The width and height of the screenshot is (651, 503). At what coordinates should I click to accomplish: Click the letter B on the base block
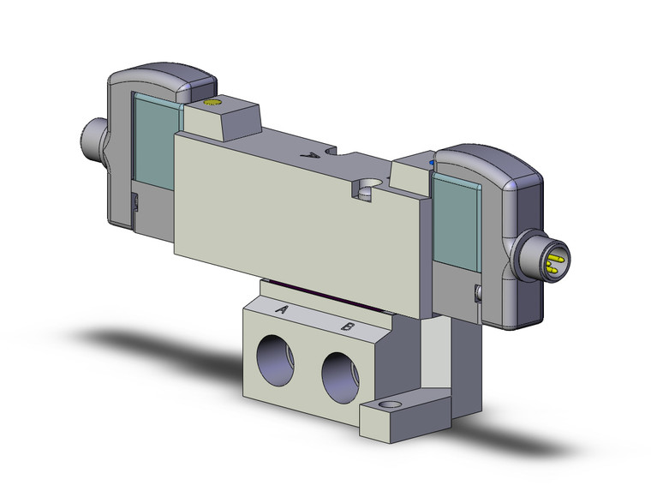coord(347,326)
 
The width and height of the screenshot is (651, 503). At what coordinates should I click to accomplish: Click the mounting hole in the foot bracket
coord(392,404)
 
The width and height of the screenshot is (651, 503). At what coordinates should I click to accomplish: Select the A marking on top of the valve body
coord(314,156)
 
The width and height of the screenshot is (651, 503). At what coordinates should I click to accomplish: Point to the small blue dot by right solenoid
coord(432,160)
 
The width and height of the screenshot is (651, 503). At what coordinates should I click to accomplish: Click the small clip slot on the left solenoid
coord(135,202)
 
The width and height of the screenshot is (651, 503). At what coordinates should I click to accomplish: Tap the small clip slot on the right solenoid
coord(477,296)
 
